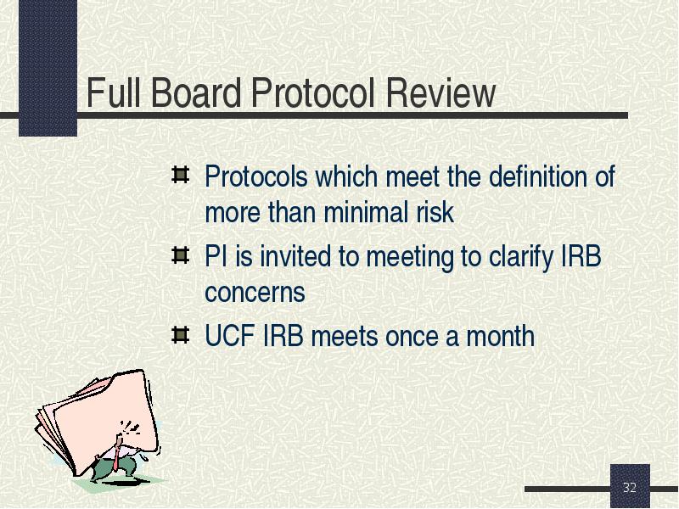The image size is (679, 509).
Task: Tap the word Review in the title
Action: click(441, 92)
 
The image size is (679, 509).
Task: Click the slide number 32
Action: click(630, 487)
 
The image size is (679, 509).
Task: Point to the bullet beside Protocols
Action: click(180, 175)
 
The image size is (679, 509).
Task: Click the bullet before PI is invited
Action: click(180, 255)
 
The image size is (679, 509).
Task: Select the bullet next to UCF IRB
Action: click(180, 335)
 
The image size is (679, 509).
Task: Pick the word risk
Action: click(435, 212)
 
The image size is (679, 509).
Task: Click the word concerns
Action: click(255, 293)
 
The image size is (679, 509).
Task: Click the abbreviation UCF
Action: click(229, 336)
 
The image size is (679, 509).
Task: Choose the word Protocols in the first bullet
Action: click(256, 176)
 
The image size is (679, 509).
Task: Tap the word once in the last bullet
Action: click(412, 337)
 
